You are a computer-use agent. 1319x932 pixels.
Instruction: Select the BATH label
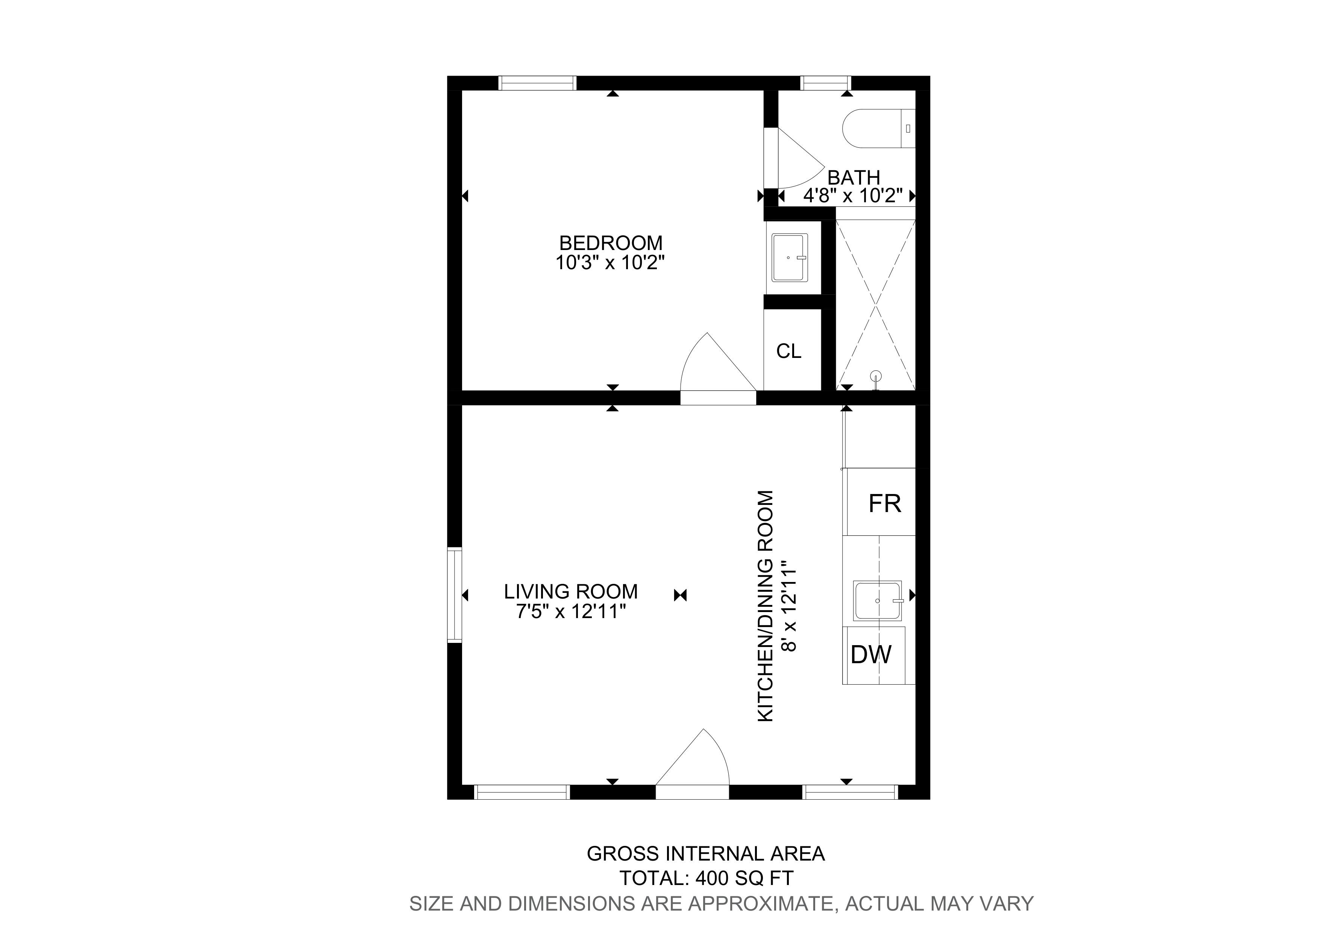click(x=854, y=177)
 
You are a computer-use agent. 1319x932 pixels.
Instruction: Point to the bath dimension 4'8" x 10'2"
click(x=853, y=196)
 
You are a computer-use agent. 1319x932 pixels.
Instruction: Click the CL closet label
click(x=789, y=351)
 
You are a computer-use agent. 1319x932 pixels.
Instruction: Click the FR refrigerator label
click(x=885, y=504)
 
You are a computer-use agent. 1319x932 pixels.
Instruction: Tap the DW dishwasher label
click(x=871, y=655)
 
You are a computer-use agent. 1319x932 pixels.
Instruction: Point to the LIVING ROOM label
click(x=571, y=591)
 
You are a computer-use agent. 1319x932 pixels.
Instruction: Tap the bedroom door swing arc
click(x=718, y=362)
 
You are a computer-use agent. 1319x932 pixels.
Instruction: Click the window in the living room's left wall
click(x=455, y=595)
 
